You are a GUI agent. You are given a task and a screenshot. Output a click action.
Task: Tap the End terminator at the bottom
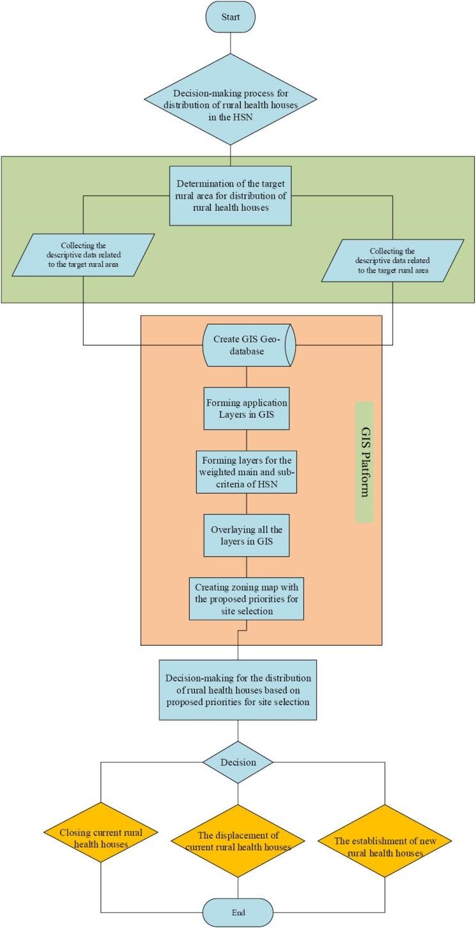238,911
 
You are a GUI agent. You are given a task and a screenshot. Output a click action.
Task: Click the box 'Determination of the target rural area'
230,195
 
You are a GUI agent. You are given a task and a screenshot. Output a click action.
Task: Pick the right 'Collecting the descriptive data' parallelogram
392,261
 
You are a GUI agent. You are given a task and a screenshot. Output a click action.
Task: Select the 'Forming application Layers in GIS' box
247,408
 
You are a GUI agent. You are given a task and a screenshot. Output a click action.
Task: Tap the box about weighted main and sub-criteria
247,471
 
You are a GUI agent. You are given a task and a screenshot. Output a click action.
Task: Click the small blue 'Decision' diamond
238,762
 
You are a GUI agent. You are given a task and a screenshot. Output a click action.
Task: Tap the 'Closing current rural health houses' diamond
100,838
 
